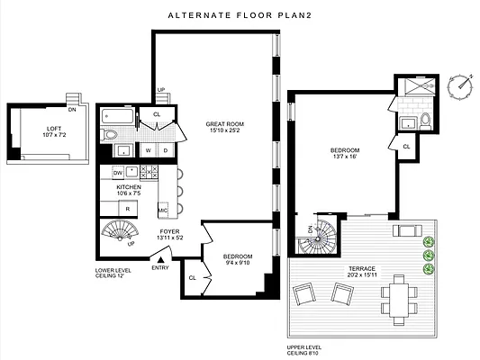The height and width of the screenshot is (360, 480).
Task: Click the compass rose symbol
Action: click(x=459, y=87)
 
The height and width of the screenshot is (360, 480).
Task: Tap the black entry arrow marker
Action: click(x=160, y=260)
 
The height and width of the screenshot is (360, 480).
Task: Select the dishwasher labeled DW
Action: click(x=118, y=173)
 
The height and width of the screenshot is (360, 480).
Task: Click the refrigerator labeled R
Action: click(x=128, y=209)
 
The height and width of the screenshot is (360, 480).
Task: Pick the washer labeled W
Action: click(x=149, y=150)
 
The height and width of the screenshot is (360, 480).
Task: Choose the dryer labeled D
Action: click(x=166, y=150)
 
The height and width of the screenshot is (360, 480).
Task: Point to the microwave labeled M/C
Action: click(x=163, y=211)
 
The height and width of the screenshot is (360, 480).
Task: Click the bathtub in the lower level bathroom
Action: click(x=118, y=116)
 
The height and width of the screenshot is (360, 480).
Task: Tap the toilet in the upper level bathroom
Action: click(x=425, y=121)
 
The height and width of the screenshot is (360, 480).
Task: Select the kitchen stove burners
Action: click(x=149, y=172)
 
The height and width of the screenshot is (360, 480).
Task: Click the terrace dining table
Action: click(x=399, y=300)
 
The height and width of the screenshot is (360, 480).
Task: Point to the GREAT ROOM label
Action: click(x=225, y=124)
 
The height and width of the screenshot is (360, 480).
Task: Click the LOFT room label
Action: click(x=54, y=129)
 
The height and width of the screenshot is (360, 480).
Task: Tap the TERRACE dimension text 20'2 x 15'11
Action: click(x=362, y=274)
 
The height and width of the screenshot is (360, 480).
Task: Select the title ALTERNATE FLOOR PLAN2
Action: click(x=240, y=15)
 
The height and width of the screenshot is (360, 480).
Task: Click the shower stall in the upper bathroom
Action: click(x=420, y=85)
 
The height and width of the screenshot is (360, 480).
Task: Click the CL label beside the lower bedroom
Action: click(x=192, y=278)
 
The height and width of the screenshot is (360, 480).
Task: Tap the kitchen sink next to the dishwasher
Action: click(x=132, y=172)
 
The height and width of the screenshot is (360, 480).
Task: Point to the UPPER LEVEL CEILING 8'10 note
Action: click(x=304, y=350)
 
